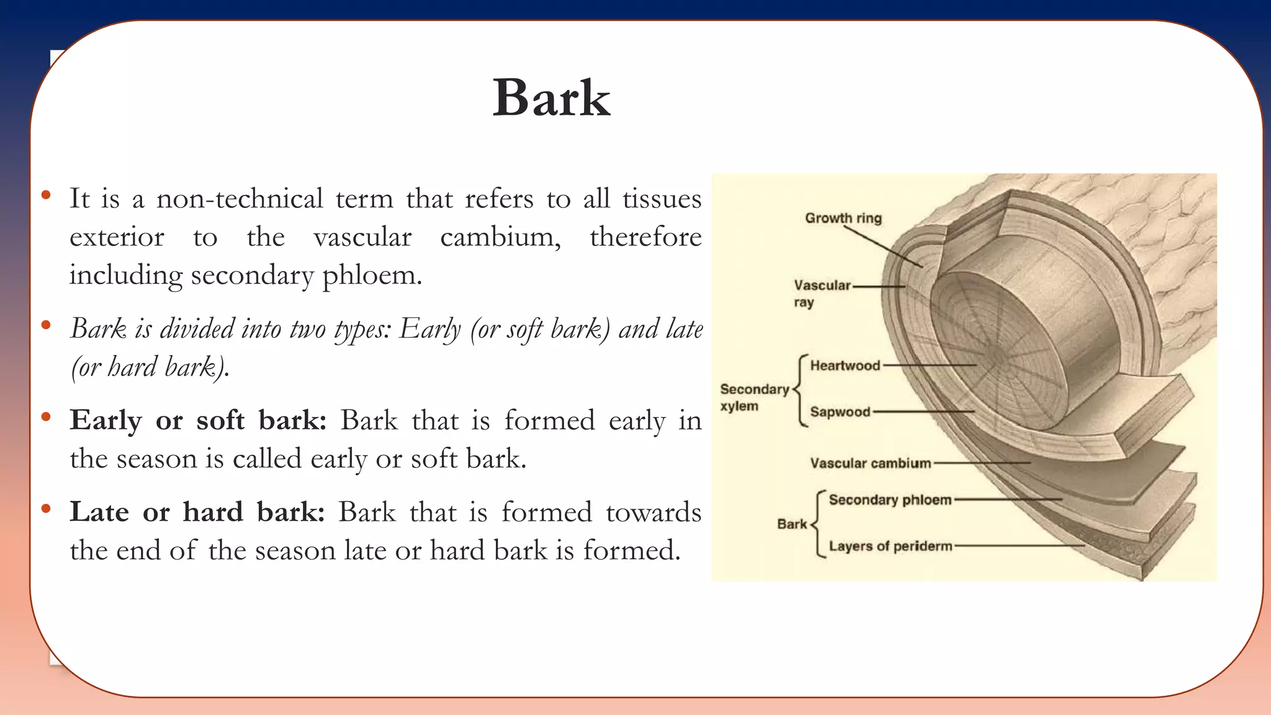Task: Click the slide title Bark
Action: [551, 99]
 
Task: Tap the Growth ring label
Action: [843, 218]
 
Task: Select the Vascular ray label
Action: [821, 293]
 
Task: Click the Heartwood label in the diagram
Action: [845, 366]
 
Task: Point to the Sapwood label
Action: [840, 412]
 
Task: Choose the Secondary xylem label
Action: [753, 397]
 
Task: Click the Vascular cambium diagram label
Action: [870, 463]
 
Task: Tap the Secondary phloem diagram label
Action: [889, 500]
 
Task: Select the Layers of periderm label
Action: [890, 546]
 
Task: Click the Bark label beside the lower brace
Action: [791, 524]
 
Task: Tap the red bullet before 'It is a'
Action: [46, 196]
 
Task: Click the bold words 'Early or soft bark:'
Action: [197, 420]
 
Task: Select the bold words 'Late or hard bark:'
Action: [197, 512]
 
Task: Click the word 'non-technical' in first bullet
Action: [239, 199]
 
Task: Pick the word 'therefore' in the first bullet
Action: [645, 236]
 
